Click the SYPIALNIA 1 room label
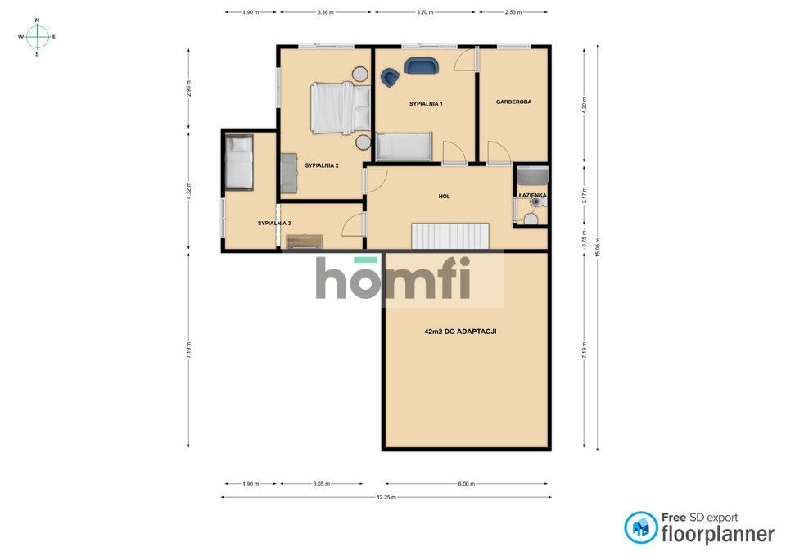point(426,104)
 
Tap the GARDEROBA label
point(513,102)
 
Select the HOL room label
point(444,197)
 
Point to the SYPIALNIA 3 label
point(274,223)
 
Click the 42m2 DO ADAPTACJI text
point(460,332)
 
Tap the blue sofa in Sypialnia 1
point(422,66)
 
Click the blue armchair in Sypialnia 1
point(390,78)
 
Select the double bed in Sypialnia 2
point(341,108)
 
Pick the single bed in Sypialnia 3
point(238,162)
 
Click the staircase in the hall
point(450,236)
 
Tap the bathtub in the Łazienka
point(532,176)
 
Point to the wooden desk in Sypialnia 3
point(305,242)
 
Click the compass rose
point(37,37)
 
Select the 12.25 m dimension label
point(386,497)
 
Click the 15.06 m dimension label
point(597,247)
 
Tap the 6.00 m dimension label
point(466,484)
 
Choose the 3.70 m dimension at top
point(425,12)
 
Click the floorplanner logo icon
point(640,527)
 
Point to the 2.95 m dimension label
point(188,88)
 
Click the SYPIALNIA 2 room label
point(322,165)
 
